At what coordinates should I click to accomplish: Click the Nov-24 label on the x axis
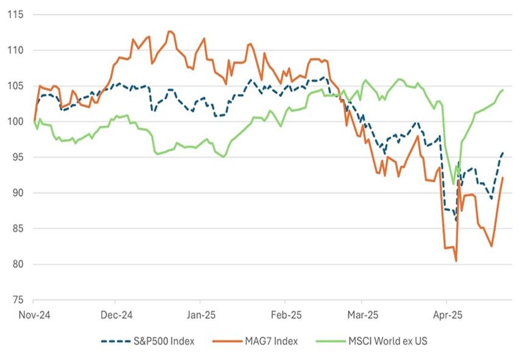pyautogui.click(x=33, y=316)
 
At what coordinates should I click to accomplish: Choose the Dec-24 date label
pyautogui.click(x=115, y=316)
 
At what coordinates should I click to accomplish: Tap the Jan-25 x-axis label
pyautogui.click(x=199, y=316)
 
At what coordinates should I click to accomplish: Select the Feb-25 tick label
pyautogui.click(x=283, y=316)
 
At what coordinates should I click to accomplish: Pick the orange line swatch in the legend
pyautogui.click(x=226, y=341)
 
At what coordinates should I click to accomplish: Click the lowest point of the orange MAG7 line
pyautogui.click(x=456, y=261)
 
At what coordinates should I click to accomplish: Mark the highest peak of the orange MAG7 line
pyautogui.click(x=169, y=31)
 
